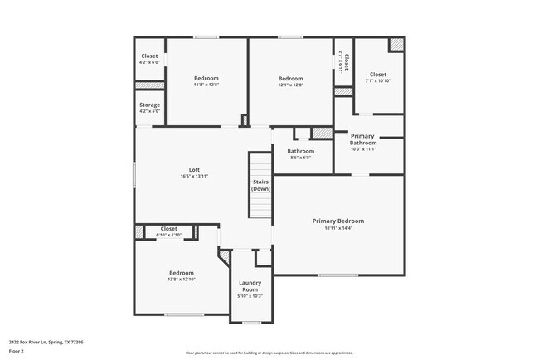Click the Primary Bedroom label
[337, 221]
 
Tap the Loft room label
[194, 170]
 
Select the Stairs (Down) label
[261, 184]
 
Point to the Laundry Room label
[250, 285]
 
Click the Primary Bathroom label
[362, 139]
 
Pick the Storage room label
[150, 105]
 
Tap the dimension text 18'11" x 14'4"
[337, 229]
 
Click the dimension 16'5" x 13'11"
[194, 177]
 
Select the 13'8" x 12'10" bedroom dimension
[182, 280]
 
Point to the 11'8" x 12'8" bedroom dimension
[206, 85]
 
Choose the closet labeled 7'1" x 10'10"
[377, 80]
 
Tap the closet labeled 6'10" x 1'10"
[168, 235]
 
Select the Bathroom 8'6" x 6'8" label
[300, 154]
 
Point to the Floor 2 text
[17, 350]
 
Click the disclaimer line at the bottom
[269, 353]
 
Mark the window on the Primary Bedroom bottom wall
[337, 275]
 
